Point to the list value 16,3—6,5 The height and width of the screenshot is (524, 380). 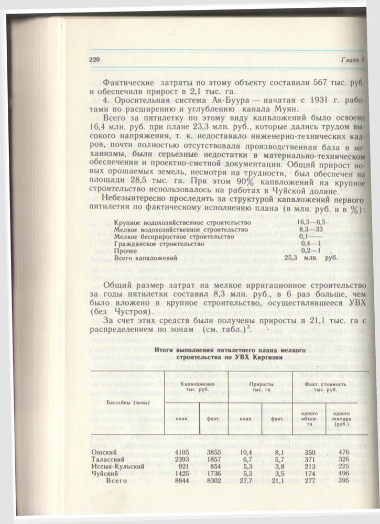click(311, 222)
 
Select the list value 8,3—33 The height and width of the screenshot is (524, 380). click(309, 230)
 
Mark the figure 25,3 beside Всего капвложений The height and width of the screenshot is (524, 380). click(291, 258)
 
